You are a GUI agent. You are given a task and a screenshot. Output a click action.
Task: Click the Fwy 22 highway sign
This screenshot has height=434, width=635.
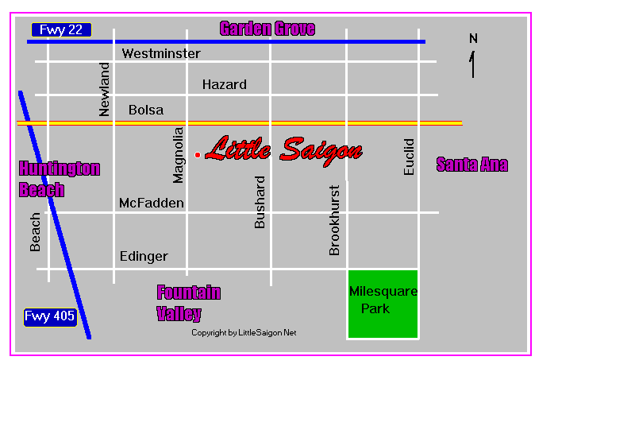[61, 30]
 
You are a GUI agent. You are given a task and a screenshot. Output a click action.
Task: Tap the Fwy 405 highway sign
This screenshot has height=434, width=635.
[50, 316]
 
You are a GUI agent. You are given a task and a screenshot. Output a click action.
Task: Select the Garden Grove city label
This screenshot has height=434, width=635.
[267, 29]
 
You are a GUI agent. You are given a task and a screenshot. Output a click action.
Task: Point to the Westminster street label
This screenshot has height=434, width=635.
[161, 54]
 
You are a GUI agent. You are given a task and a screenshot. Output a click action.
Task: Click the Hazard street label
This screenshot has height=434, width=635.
[224, 84]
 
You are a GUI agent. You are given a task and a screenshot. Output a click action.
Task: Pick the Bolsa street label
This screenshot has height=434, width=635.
[146, 110]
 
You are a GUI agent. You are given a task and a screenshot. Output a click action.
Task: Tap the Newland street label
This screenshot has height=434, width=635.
[105, 89]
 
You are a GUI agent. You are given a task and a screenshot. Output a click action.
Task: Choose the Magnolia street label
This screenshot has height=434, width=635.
[179, 154]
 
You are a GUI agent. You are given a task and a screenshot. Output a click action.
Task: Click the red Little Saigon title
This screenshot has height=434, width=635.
[284, 150]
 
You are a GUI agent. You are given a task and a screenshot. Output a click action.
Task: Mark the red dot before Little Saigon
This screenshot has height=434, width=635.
[198, 154]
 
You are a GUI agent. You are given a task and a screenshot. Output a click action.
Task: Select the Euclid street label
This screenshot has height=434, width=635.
[409, 157]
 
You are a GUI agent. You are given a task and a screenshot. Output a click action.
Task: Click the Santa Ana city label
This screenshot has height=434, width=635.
[472, 165]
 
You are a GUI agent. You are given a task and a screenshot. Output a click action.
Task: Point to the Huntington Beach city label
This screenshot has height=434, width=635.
[60, 179]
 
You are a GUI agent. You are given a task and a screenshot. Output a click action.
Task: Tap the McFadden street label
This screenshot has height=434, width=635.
[151, 203]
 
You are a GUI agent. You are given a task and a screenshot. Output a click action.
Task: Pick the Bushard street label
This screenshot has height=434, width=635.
[260, 203]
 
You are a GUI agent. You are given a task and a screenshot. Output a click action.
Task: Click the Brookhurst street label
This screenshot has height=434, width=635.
[334, 220]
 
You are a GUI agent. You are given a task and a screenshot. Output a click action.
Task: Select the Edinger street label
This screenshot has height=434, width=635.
[144, 256]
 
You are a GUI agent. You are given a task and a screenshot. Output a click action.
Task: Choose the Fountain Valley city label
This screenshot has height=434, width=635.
[189, 303]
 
